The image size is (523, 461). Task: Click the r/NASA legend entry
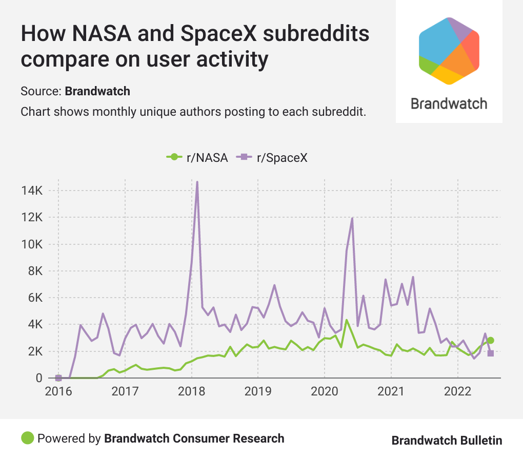198,157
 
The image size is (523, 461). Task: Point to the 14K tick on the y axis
31,191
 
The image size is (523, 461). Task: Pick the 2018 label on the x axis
191,392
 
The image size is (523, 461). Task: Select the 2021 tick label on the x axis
391,392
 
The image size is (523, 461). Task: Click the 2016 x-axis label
58,392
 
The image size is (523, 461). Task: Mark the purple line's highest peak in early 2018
197,182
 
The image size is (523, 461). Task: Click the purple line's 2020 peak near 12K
352,219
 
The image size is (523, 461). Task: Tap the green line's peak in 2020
347,320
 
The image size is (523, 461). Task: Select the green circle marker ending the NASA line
490,340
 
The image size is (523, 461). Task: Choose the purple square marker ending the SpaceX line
490,353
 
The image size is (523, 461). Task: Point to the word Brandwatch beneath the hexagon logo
449,104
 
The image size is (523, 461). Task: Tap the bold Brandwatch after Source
97,92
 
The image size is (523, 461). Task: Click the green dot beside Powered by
27,438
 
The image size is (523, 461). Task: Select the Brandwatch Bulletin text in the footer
447,441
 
